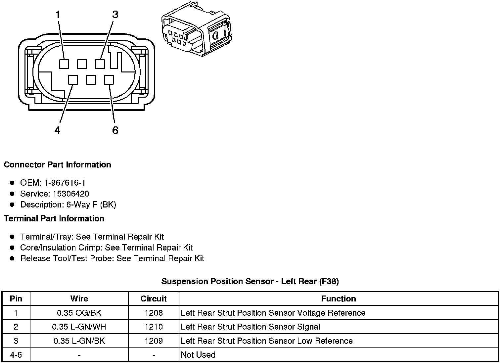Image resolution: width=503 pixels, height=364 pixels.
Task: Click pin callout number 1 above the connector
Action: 58,15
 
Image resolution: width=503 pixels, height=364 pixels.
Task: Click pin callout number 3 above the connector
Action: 115,15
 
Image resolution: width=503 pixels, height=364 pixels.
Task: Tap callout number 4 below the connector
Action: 58,130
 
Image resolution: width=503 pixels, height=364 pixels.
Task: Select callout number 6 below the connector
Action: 115,130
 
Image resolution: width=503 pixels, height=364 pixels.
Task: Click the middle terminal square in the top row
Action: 82,64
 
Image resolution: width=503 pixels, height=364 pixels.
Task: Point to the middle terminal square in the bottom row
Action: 91,80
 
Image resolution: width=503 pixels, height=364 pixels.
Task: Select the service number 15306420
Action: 71,194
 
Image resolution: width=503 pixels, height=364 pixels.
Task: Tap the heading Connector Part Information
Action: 57,165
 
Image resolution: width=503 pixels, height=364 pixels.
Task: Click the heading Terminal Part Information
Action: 54,219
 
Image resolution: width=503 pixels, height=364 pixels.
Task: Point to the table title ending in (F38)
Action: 250,282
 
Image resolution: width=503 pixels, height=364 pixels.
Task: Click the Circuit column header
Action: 154,299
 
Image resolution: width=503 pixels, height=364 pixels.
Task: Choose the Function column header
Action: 339,299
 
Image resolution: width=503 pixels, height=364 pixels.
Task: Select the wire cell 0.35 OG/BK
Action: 79,313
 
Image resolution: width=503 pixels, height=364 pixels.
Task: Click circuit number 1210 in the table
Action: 154,327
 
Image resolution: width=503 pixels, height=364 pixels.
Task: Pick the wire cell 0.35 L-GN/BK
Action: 79,341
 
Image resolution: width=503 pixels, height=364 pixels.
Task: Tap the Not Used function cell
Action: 198,355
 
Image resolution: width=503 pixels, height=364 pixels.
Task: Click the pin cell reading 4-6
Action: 16,355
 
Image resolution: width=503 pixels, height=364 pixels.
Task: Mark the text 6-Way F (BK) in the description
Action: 91,205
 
